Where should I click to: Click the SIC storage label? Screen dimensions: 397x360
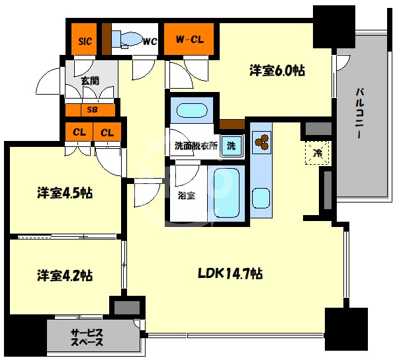coord(85,41)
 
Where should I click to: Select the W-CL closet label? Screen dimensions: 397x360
coord(190,40)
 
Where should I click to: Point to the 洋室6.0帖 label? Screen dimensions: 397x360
coord(277,70)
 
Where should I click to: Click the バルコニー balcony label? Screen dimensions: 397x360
coord(360,113)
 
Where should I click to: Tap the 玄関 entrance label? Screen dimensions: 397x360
coord(90,81)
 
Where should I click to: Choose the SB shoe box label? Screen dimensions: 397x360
coord(92,110)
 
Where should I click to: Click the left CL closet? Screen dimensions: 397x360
coord(79,132)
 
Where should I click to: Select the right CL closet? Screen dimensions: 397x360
coord(107,132)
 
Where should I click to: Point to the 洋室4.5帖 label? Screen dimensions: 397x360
coord(65,193)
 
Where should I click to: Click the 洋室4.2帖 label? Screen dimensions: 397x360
coord(65,275)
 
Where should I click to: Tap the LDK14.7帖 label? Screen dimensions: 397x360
coord(230,273)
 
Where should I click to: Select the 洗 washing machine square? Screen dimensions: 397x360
coord(231,146)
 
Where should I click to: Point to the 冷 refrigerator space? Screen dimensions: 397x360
coord(317,153)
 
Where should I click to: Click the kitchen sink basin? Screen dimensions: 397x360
coord(261,199)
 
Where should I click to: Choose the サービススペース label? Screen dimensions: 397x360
coord(87,337)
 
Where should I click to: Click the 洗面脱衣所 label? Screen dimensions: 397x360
coord(197,146)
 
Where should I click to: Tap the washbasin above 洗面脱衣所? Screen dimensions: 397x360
coord(192,111)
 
